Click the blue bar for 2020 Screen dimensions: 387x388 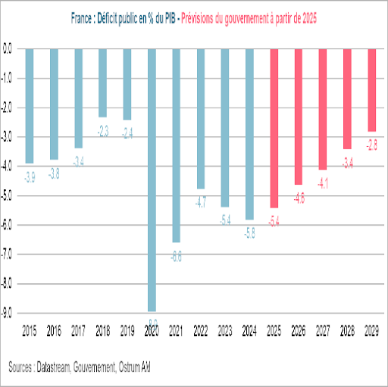click(x=152, y=179)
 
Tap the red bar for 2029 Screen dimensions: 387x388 click(x=371, y=89)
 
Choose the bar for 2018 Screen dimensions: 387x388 click(x=103, y=83)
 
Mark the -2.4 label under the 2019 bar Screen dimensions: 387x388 click(x=127, y=133)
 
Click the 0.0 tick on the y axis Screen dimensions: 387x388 click(x=10, y=48)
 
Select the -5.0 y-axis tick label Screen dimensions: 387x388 click(x=10, y=195)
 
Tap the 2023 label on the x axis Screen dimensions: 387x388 click(x=225, y=332)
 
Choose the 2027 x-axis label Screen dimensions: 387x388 click(x=323, y=332)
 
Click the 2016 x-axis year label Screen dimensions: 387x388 click(x=55, y=332)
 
